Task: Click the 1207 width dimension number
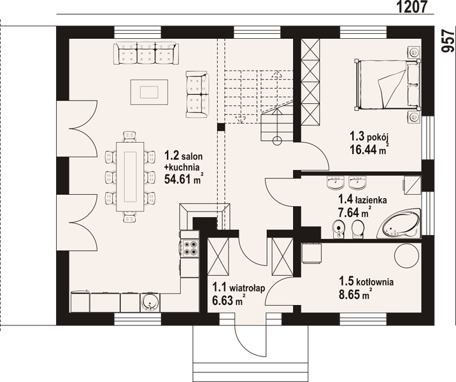412,6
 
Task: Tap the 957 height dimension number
448,41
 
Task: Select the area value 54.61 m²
183,179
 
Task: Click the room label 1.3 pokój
369,136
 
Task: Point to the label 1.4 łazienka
362,199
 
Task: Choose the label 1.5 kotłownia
366,281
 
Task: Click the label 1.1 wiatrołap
238,288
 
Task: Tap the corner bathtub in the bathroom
399,223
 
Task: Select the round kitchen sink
150,302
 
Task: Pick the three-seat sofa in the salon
146,53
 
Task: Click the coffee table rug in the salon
149,92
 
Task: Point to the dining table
131,177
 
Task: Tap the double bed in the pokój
387,84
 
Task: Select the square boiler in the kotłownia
311,253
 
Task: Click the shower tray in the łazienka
412,185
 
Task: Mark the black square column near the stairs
221,127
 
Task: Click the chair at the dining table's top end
130,136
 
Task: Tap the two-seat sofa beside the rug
197,94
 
